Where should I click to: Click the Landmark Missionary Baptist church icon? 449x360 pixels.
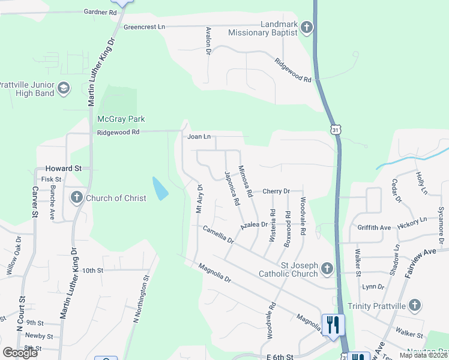(x=306, y=27)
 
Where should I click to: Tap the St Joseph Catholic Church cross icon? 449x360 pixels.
(x=327, y=268)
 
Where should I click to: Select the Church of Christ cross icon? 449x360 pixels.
(x=76, y=197)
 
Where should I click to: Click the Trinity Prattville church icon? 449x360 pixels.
(x=414, y=305)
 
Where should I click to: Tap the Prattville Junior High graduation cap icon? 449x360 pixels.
(x=63, y=89)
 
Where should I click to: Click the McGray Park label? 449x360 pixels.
(x=122, y=119)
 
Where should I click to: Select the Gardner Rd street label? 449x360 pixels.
(x=100, y=12)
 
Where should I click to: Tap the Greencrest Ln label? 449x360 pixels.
(x=144, y=27)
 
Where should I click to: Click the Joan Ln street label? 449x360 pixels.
(x=199, y=137)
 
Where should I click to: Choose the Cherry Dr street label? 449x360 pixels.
(x=276, y=191)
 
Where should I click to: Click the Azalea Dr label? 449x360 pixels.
(x=253, y=224)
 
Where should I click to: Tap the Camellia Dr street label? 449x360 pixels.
(x=218, y=234)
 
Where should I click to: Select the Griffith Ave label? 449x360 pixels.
(x=373, y=228)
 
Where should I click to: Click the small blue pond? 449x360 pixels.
(x=160, y=189)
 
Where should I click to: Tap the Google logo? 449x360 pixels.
(x=20, y=353)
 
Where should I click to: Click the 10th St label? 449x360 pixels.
(x=93, y=271)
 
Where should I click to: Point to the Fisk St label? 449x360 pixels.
(x=51, y=179)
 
